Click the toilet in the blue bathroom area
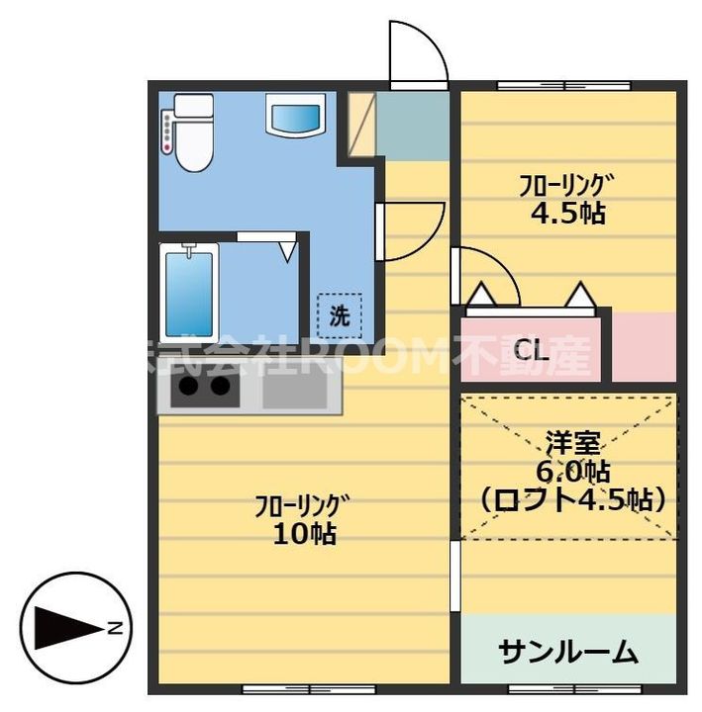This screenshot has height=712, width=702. pos(193,134)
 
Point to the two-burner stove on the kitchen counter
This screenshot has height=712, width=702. pos(206,391)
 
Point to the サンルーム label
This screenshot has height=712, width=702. pos(567,653)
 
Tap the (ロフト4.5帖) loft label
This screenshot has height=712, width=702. pos(569,498)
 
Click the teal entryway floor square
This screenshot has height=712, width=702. pos(413,126)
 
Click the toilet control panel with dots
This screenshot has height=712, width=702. pos(167,132)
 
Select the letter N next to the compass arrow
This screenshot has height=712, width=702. pos(116,627)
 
